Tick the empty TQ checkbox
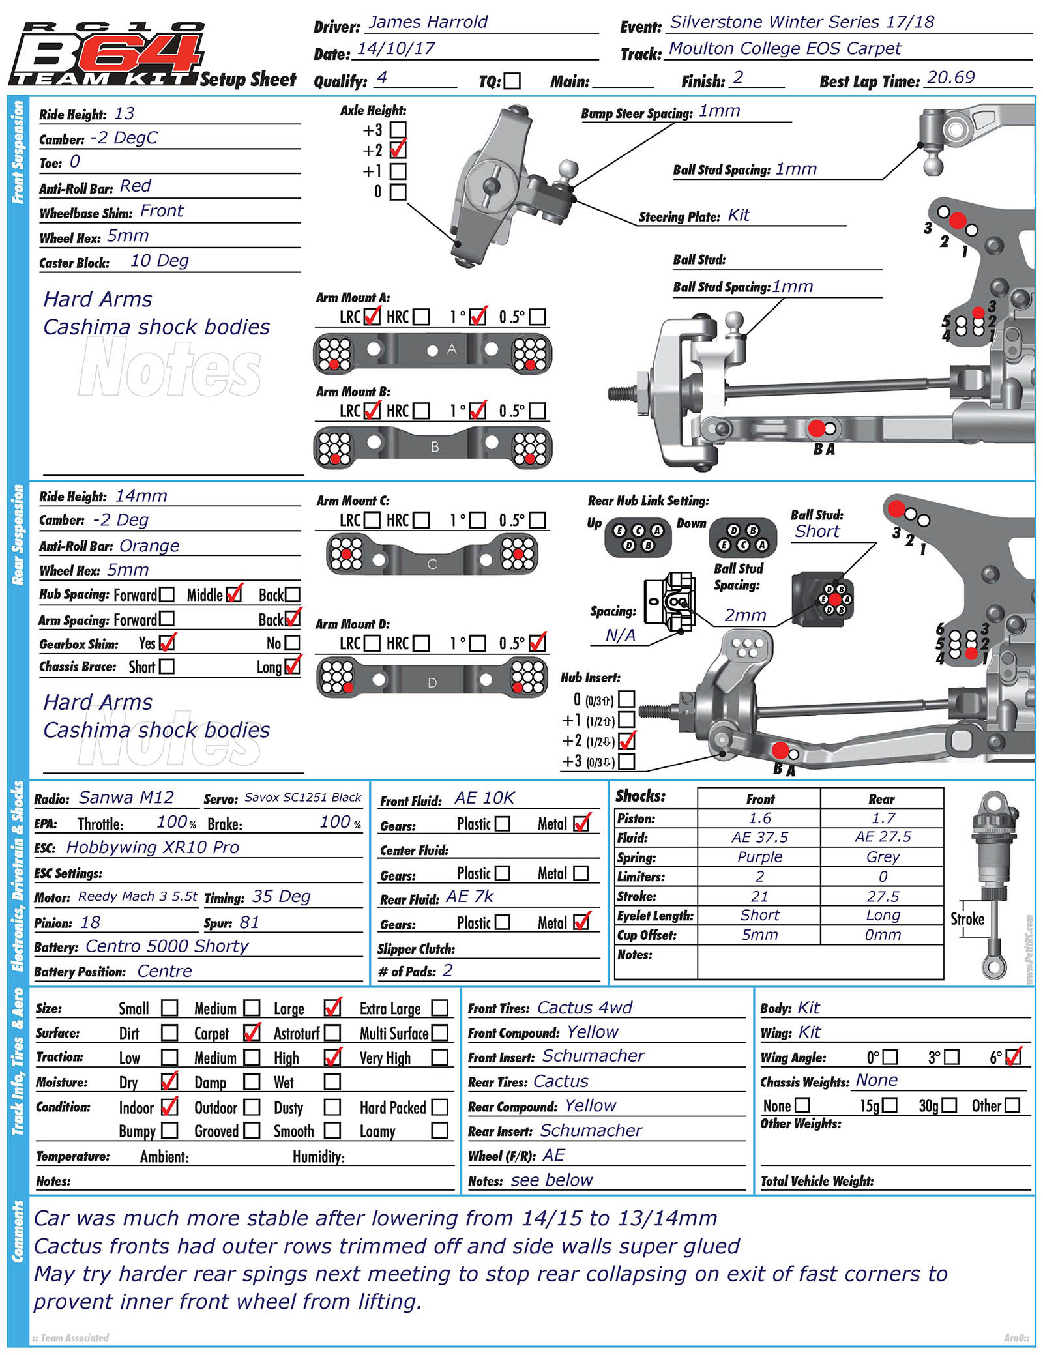[512, 81]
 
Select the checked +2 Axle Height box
[398, 150]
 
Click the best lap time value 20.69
[950, 78]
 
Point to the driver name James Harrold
[428, 22]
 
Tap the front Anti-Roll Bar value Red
[136, 186]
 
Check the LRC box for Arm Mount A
[372, 317]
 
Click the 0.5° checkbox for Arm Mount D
[538, 643]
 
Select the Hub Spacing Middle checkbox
[234, 594]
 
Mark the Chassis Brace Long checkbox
[293, 666]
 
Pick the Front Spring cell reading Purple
[759, 856]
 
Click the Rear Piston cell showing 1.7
[883, 818]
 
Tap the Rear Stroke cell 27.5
[883, 896]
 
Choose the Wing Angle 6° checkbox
[1014, 1056]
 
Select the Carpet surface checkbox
[252, 1032]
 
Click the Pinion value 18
[91, 922]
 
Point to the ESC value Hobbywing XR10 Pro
[153, 847]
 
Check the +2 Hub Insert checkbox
[626, 741]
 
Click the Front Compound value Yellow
[593, 1032]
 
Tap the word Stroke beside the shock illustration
[967, 919]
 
